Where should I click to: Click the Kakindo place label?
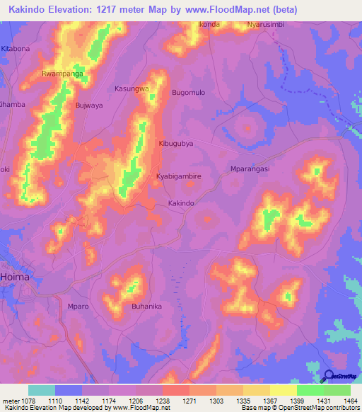coord(180,203)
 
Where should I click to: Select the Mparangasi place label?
coord(251,169)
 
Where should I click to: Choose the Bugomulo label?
coord(188,93)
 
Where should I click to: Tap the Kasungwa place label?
coord(132,88)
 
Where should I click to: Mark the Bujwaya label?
coord(89,105)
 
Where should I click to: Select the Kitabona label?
coord(16,48)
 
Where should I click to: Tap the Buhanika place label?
coord(147,307)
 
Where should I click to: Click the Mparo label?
coord(77,307)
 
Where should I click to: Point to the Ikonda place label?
coord(209,24)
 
